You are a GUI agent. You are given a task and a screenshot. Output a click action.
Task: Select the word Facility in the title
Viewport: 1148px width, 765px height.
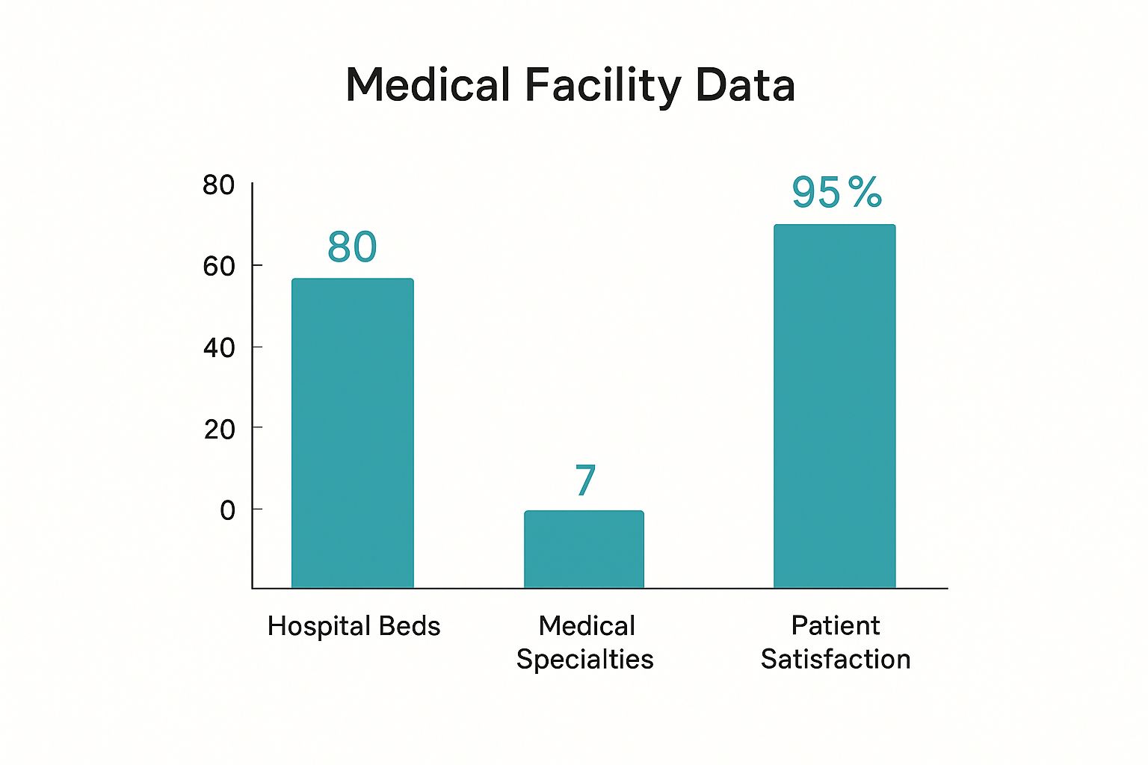(x=602, y=86)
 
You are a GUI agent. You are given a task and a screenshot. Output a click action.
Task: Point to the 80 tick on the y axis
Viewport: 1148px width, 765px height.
(x=218, y=185)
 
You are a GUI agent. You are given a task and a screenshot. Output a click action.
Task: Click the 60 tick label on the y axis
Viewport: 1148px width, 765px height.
(x=218, y=267)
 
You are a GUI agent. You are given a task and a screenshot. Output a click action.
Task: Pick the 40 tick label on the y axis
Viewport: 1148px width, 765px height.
(x=218, y=348)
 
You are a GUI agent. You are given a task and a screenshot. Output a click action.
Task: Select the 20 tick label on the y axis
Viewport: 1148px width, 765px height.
(x=218, y=430)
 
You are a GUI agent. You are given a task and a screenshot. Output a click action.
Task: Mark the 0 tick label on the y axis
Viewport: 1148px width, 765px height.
(x=227, y=511)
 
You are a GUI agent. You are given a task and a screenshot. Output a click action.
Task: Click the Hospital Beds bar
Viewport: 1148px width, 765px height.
(x=352, y=433)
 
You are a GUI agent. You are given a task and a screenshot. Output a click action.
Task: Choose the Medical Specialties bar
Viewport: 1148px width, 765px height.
(x=584, y=549)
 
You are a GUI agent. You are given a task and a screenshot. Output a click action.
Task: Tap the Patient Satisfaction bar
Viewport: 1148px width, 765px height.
(x=834, y=406)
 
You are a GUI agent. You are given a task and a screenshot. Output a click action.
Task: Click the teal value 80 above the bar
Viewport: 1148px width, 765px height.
(x=352, y=247)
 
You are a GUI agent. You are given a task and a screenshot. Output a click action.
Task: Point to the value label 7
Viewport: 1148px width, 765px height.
(x=585, y=480)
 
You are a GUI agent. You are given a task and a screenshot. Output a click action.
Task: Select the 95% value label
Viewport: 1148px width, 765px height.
(x=836, y=193)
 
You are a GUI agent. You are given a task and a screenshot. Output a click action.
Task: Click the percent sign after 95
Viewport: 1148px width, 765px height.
(x=865, y=192)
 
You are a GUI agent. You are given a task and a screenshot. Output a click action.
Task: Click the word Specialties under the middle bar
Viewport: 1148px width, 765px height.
(x=584, y=660)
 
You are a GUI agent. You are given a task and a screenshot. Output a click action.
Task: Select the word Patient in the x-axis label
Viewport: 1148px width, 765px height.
(x=835, y=625)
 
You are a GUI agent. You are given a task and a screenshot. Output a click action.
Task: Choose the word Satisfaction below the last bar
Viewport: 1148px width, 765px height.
(x=835, y=660)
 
